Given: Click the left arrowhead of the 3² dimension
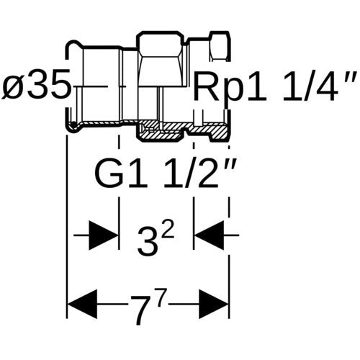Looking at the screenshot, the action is [104, 235].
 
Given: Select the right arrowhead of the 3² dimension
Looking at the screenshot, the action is [209, 235].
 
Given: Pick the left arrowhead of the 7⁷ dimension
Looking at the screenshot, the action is [82, 304].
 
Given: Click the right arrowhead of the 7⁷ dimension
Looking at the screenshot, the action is [214, 304].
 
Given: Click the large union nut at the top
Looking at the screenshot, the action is [161, 59].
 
